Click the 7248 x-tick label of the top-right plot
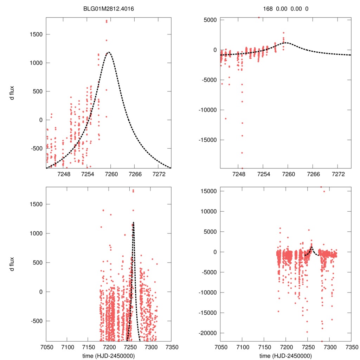tap(239, 175)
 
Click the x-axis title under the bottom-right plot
tap(286, 355)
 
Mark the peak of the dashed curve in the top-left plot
tap(109, 52)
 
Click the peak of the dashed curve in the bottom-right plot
tap(312, 247)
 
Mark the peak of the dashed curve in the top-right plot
tap(286, 43)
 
